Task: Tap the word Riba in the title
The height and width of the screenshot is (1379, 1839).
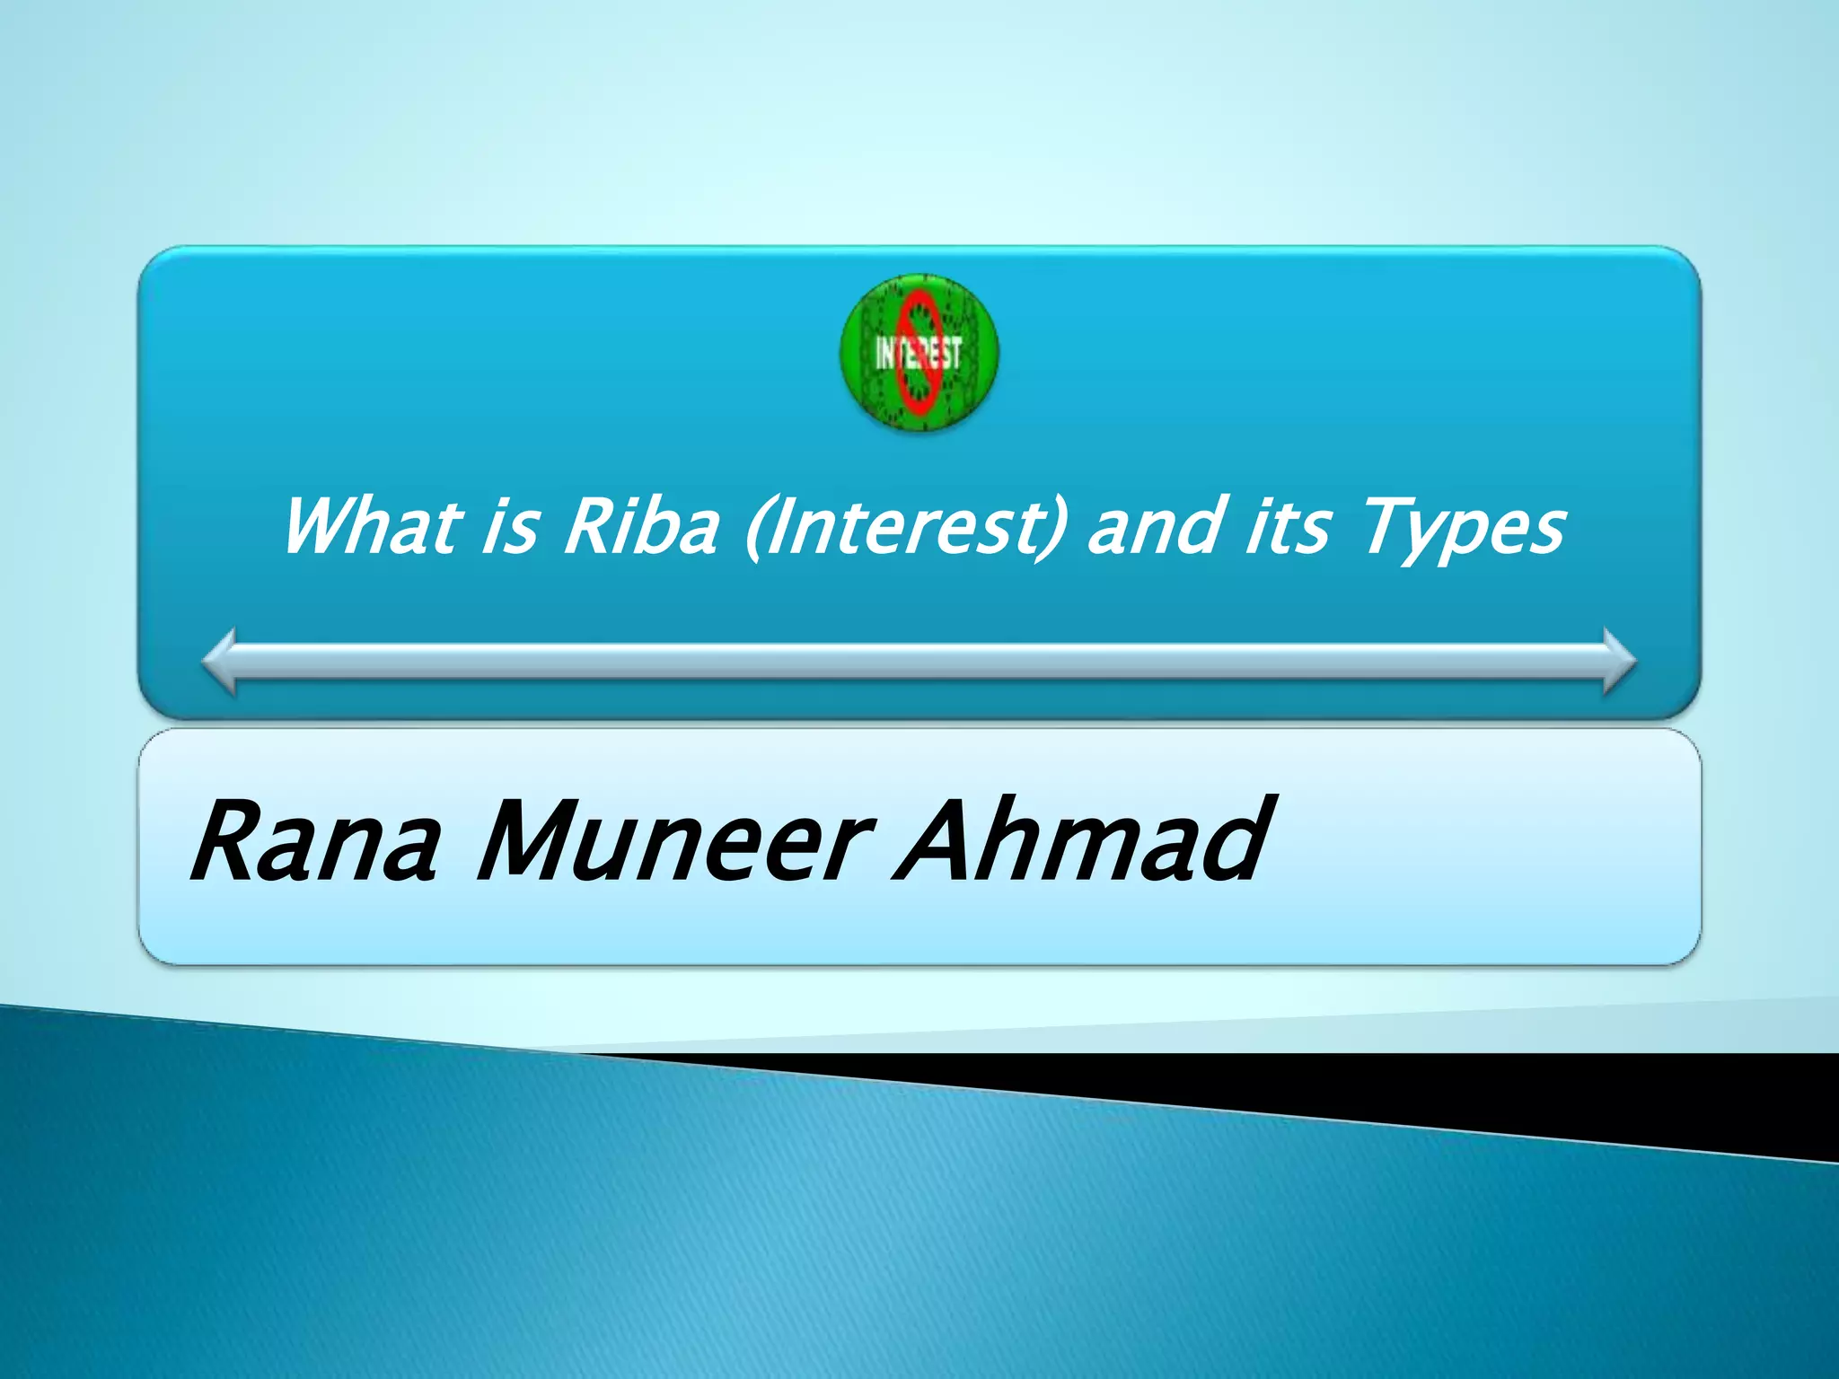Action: tap(641, 527)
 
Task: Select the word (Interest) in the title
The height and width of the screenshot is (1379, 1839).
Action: tap(907, 529)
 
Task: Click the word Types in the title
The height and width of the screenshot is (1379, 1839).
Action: tap(1464, 530)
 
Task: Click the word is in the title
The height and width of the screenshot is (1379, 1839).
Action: tap(511, 527)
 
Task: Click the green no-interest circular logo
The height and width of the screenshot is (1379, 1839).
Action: tap(919, 353)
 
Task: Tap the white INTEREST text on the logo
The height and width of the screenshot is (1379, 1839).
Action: tap(919, 354)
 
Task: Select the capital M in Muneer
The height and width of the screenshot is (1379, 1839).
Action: tap(530, 841)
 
